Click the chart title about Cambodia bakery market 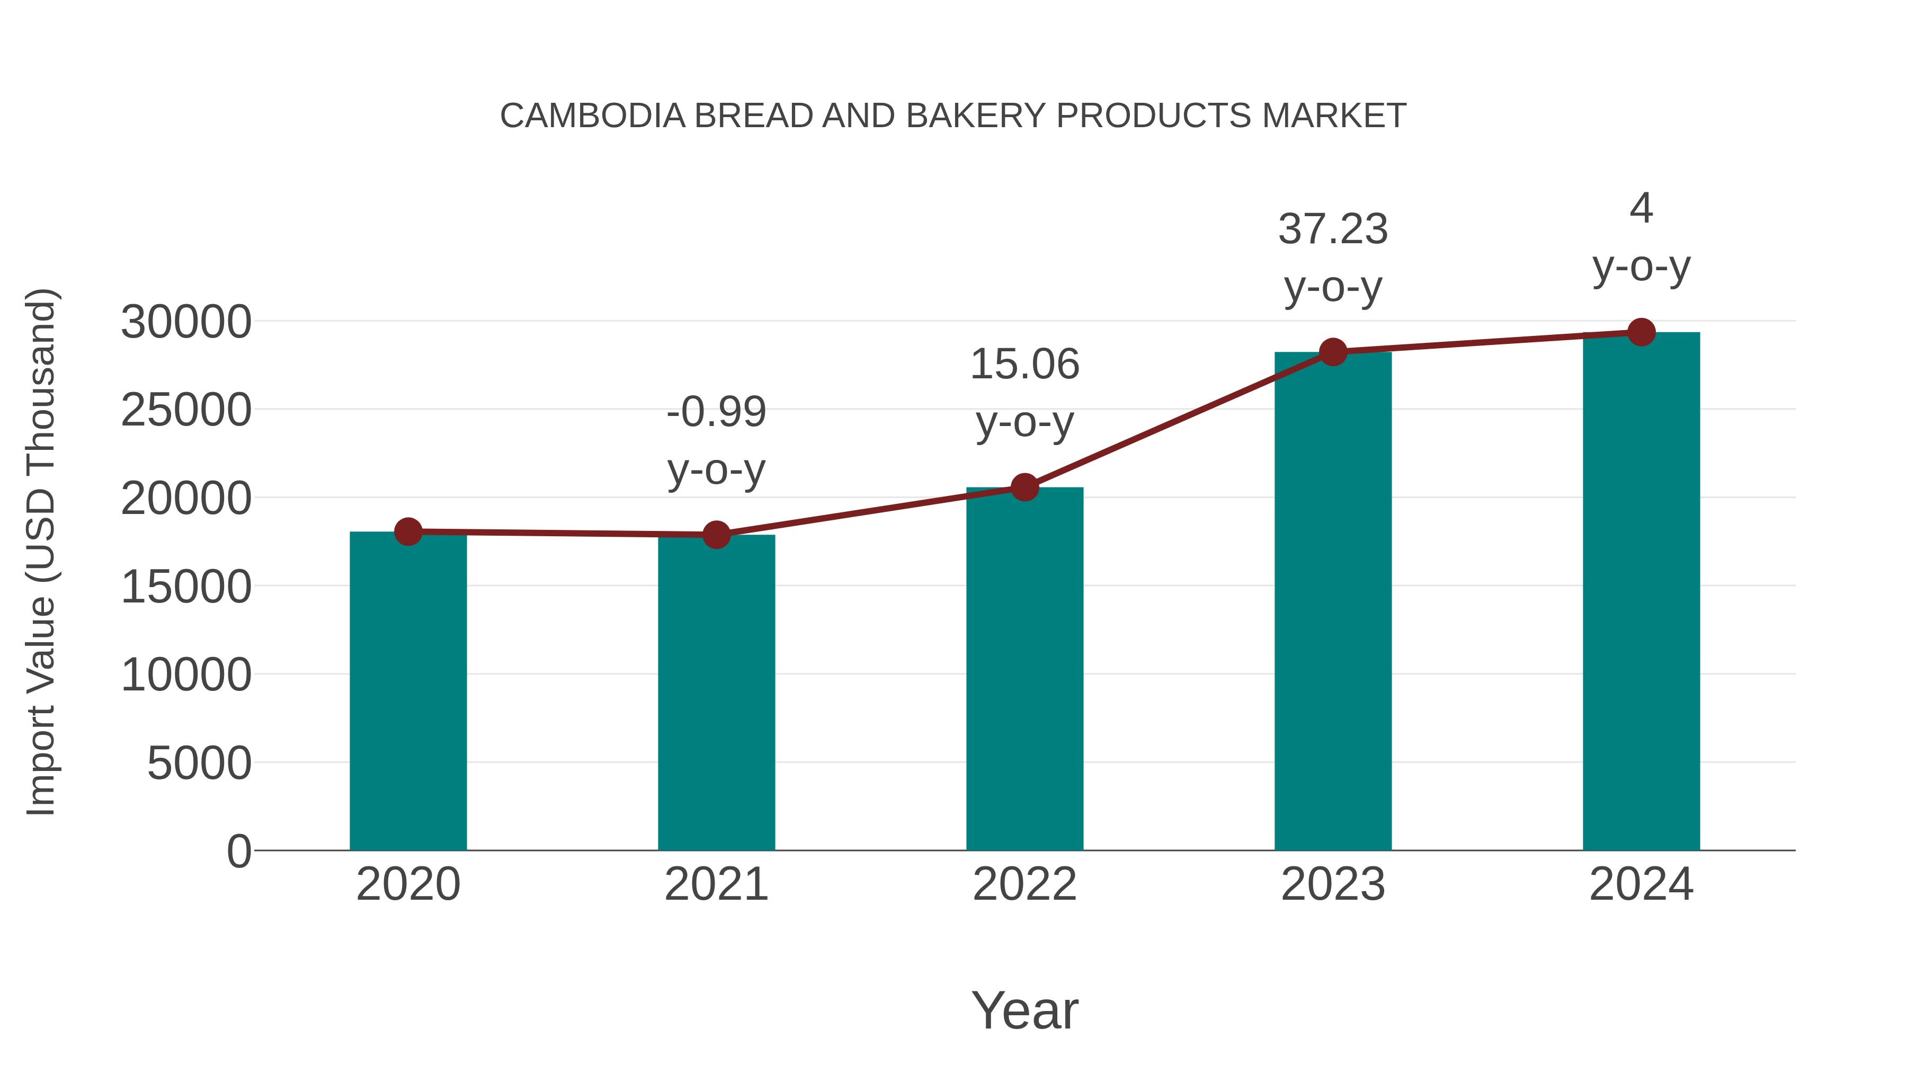[953, 116]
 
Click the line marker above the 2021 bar [716, 534]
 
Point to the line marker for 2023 [1333, 352]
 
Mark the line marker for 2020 [408, 531]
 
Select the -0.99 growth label [716, 412]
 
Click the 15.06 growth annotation [1024, 365]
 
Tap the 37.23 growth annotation [1333, 229]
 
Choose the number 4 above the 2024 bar [1641, 208]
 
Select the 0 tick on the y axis [239, 851]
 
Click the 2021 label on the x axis [716, 884]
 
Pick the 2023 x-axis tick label [1333, 884]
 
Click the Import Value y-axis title [41, 552]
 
